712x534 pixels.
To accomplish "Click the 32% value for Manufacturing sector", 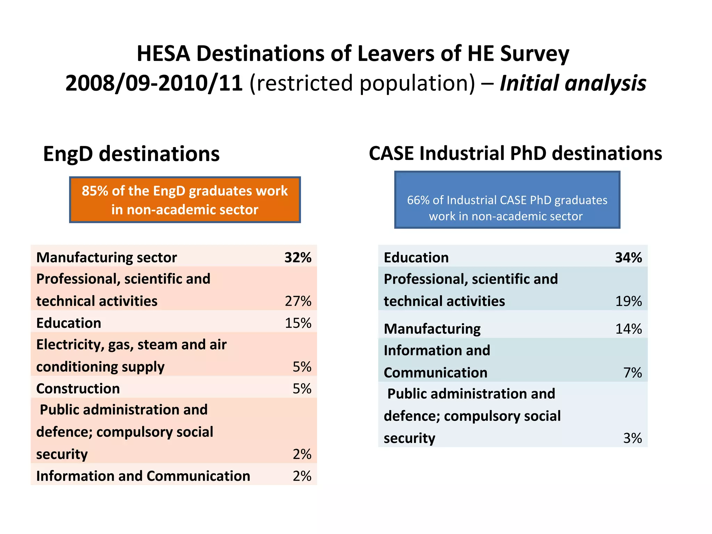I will pos(298,258).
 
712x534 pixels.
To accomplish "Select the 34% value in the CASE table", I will pos(628,258).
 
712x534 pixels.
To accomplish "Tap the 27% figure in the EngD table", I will pos(298,301).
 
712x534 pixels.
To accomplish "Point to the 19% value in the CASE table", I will pos(628,301).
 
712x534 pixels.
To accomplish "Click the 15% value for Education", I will pos(298,323).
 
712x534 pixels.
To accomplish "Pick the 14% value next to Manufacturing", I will pos(628,329).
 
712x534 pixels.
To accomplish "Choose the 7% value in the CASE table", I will pos(632,373).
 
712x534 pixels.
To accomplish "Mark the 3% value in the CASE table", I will pos(632,438).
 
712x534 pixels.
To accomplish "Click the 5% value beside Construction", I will pos(302,389).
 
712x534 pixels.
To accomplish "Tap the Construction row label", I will pos(78,389).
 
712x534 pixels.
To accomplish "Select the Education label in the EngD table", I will pos(68,323).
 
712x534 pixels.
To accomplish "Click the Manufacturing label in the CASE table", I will pos(432,329).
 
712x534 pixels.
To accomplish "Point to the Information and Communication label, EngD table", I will pos(143,476).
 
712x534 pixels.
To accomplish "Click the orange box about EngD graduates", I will pos(185,200).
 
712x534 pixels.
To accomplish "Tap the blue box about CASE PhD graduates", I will pos(507,200).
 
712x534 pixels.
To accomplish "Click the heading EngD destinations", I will pos(131,154).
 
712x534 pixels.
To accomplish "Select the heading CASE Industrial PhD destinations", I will pos(515,153).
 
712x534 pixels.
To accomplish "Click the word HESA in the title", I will pos(163,54).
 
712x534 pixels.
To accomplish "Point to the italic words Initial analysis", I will pos(573,83).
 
